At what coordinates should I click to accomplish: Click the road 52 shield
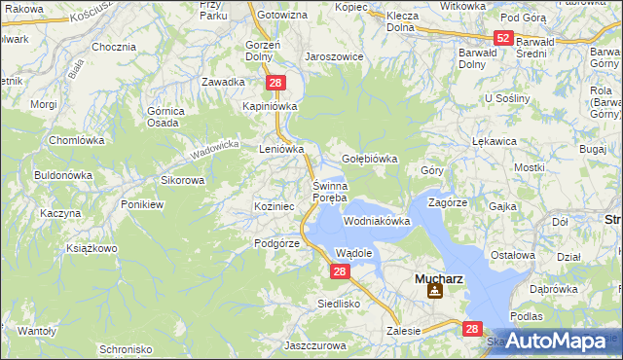(502, 38)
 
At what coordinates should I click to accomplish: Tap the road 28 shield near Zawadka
(275, 85)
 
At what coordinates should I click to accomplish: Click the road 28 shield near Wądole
(338, 272)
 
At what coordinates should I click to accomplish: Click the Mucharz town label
(437, 276)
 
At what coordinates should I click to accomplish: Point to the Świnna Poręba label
(329, 192)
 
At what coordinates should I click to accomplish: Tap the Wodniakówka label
(377, 222)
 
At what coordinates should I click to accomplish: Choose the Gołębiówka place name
(371, 159)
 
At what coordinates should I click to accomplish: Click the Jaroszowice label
(334, 57)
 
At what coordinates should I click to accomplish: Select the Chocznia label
(113, 47)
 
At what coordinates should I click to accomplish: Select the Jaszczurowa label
(317, 345)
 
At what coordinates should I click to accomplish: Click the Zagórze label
(449, 202)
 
